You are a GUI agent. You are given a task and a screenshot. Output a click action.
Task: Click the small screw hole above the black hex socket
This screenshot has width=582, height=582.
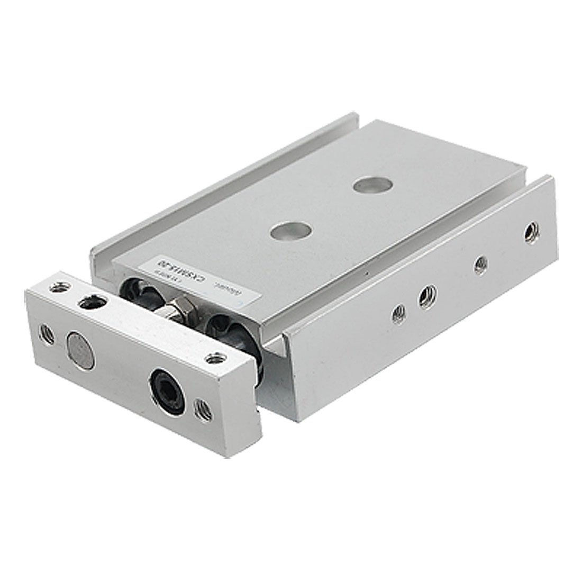pos(214,359)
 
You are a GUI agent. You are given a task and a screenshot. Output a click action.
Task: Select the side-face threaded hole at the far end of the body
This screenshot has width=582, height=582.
pos(530,232)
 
